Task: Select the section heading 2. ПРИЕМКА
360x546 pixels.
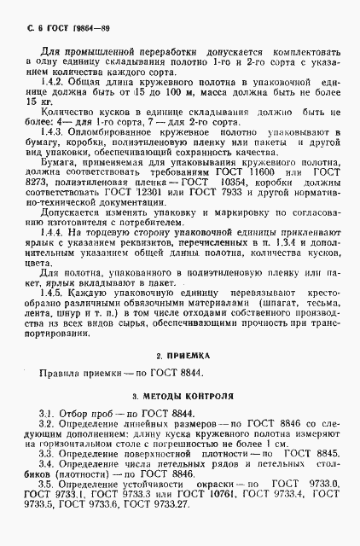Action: tap(178, 354)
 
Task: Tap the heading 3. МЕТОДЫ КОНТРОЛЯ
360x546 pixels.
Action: tap(178, 398)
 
